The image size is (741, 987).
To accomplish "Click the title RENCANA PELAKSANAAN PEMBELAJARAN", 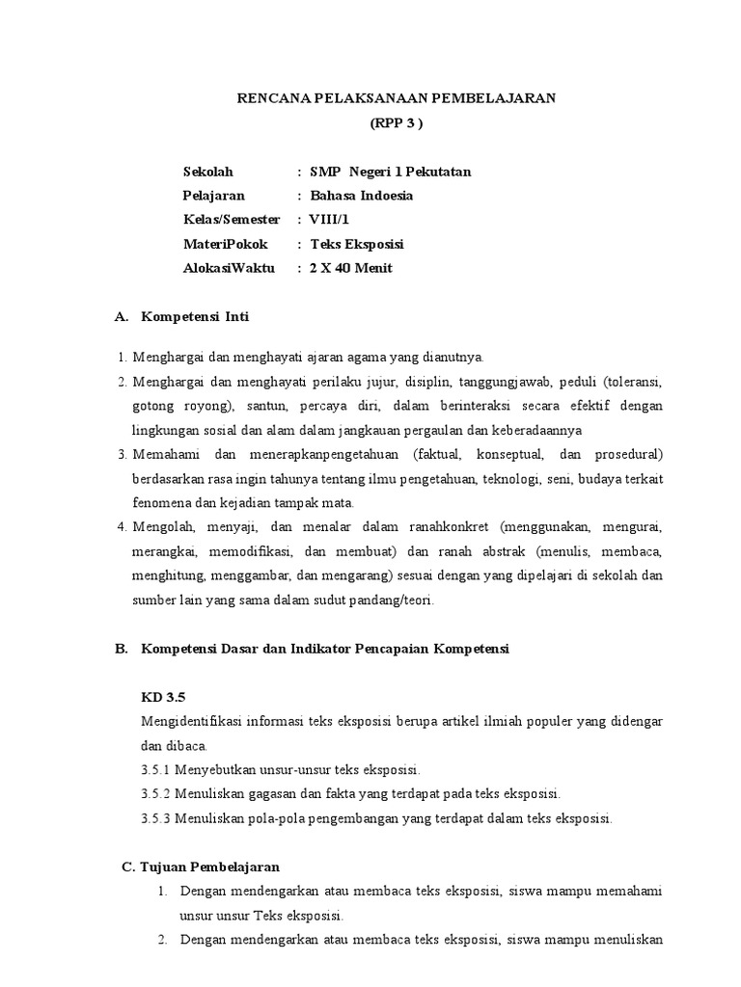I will pos(397,98).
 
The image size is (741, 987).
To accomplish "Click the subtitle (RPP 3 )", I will pos(397,123).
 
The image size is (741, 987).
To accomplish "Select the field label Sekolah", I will pos(208,172).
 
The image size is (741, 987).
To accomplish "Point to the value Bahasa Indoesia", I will pos(361,196).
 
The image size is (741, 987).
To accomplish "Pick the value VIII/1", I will pos(329,220).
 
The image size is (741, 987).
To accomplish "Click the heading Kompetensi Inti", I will pos(195,316).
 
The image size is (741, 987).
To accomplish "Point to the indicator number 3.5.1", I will pos(158,770).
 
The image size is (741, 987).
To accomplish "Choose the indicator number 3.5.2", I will pos(158,794).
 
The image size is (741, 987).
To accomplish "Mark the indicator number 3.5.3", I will pos(158,818).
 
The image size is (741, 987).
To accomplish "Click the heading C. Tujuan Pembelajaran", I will pos(201,867).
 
